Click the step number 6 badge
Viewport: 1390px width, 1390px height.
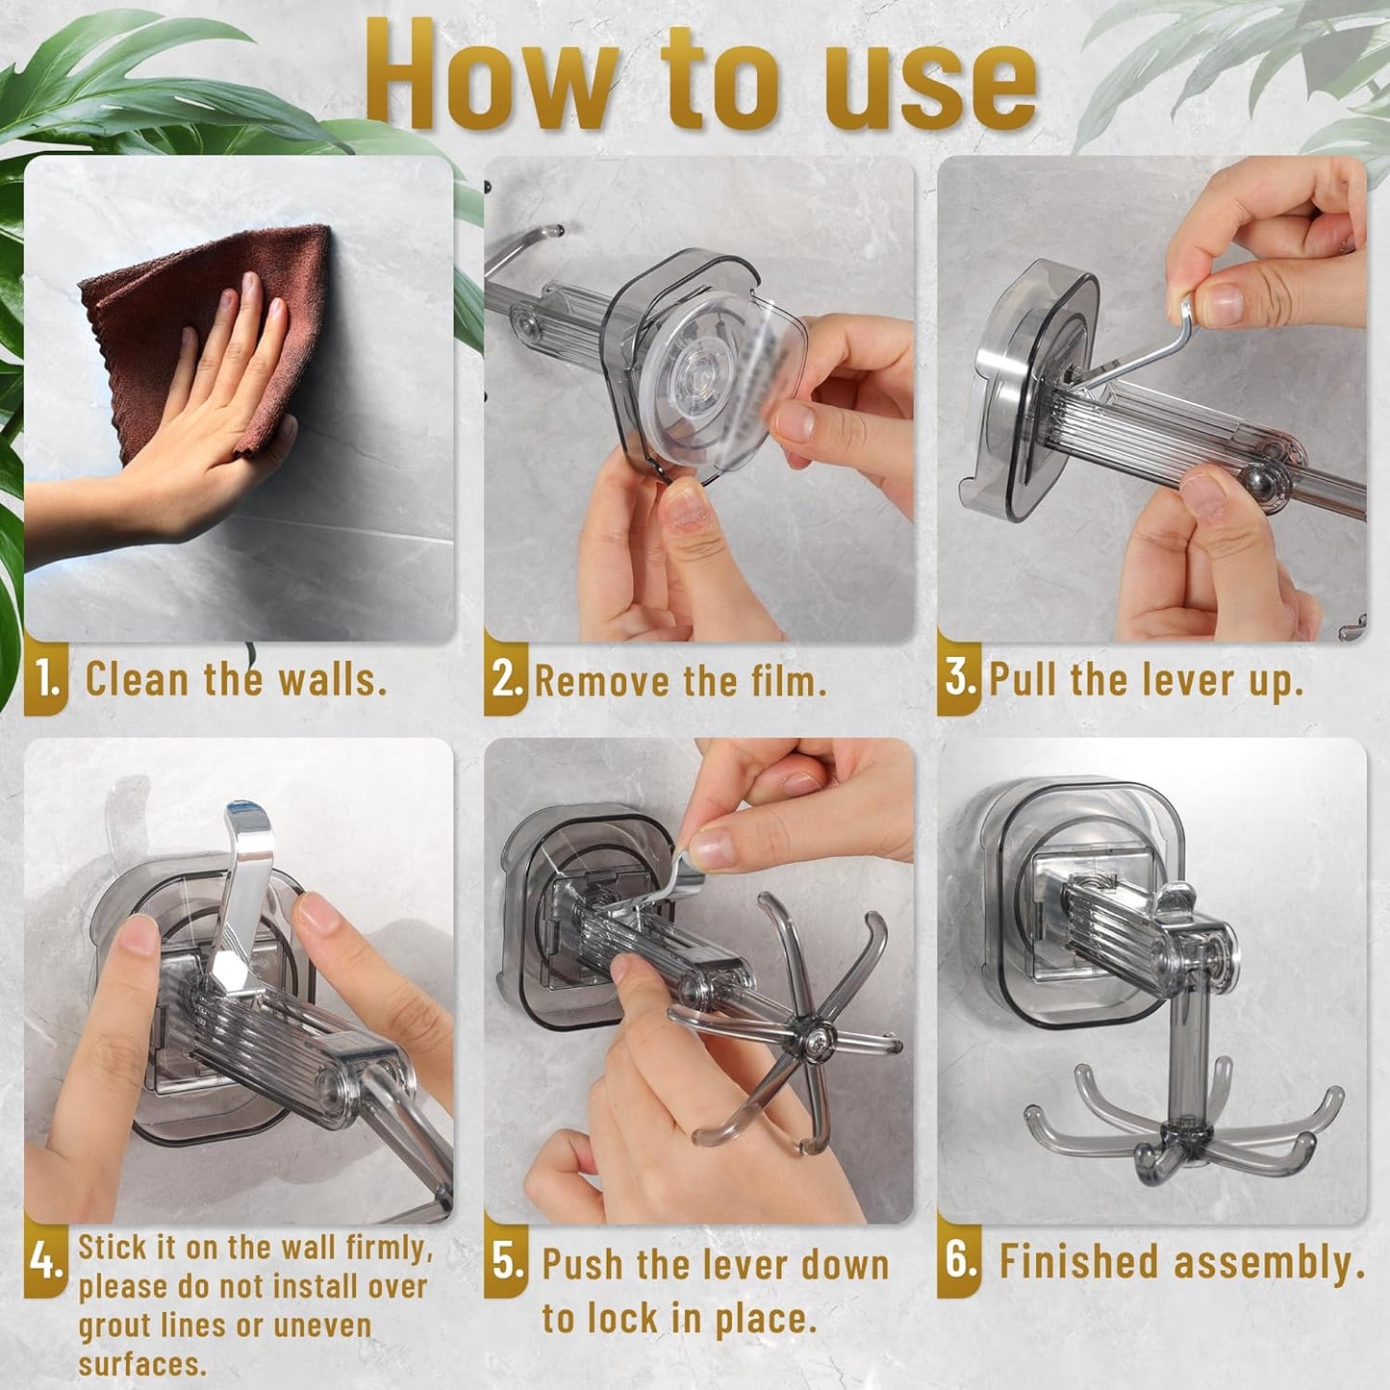(x=960, y=1260)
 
